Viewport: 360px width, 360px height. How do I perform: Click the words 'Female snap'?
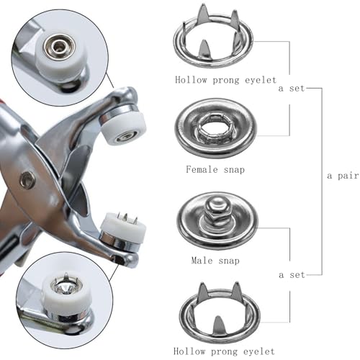tap(215, 169)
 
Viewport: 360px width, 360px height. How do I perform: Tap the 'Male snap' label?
tap(215, 261)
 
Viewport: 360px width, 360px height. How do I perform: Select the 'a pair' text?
tap(343, 176)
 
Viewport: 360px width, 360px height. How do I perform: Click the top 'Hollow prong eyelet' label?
tap(225, 80)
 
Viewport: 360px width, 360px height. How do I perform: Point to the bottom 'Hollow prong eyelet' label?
tap(224, 351)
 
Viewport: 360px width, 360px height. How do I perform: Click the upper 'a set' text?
tap(292, 89)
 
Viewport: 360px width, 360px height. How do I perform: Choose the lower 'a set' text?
tap(292, 275)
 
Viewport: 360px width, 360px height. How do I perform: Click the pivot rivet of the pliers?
tap(27, 179)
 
